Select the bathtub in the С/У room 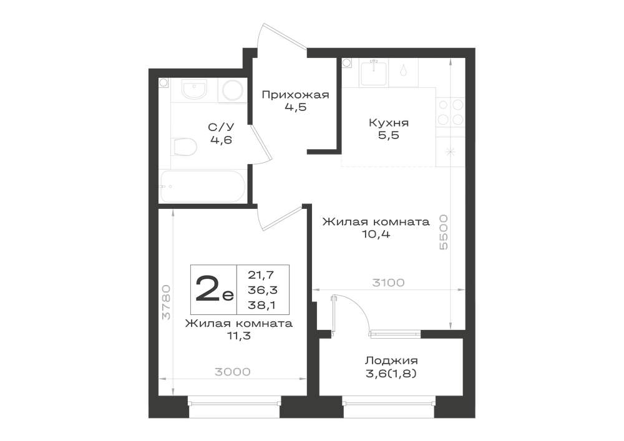pyautogui.click(x=202, y=186)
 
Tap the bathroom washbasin pyautogui.click(x=195, y=89)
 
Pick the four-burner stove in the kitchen pyautogui.click(x=451, y=112)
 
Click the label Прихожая pyautogui.click(x=295, y=95)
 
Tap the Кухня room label pyautogui.click(x=388, y=122)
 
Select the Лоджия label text pyautogui.click(x=392, y=361)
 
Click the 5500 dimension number pyautogui.click(x=443, y=232)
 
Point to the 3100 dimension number pyautogui.click(x=388, y=283)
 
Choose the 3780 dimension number pyautogui.click(x=167, y=302)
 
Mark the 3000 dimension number pyautogui.click(x=233, y=372)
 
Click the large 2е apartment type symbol pyautogui.click(x=214, y=289)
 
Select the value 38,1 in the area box pyautogui.click(x=262, y=305)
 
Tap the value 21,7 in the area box pyautogui.click(x=261, y=274)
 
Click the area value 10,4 pyautogui.click(x=376, y=234)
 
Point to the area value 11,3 pyautogui.click(x=238, y=336)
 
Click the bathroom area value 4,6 pyautogui.click(x=222, y=140)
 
